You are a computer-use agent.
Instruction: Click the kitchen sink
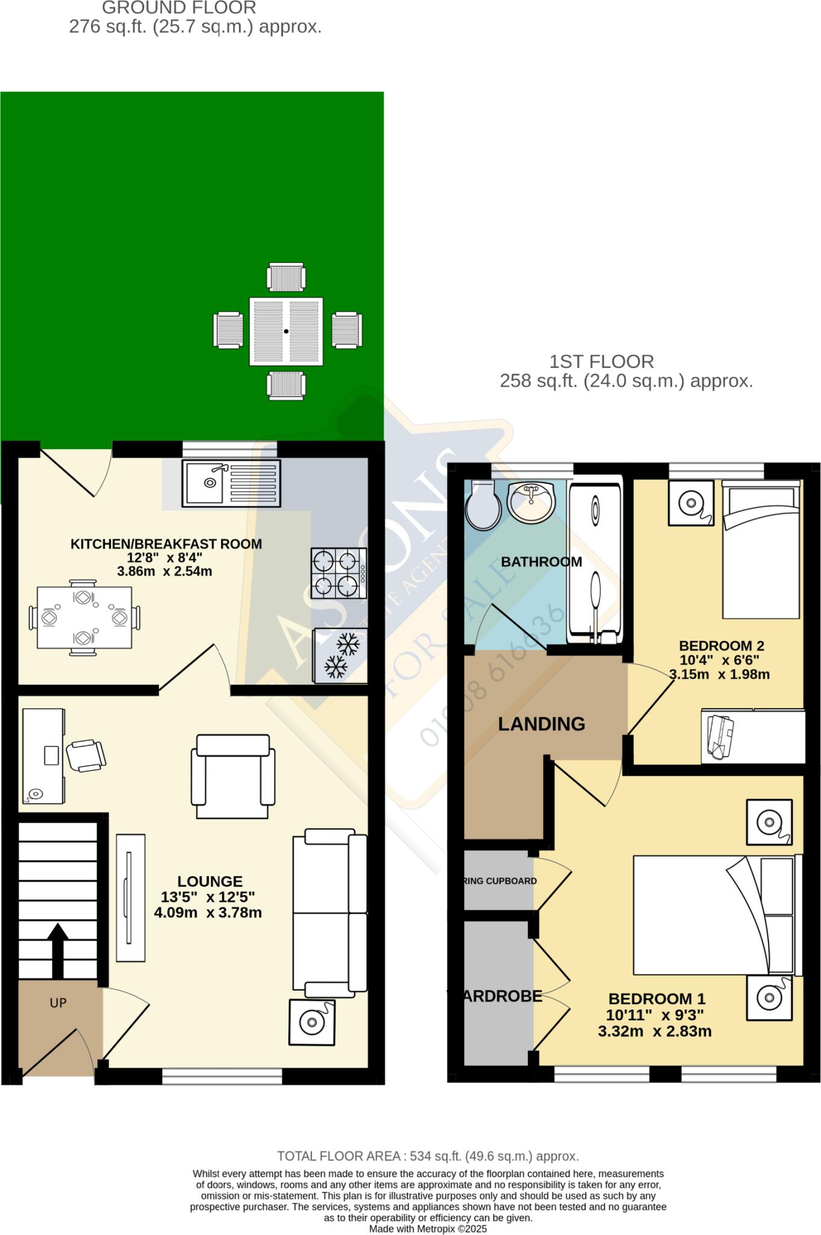click(231, 483)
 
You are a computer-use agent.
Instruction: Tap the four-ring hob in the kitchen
click(338, 573)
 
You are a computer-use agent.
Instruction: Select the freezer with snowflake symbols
click(340, 655)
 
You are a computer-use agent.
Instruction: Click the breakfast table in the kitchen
click(84, 617)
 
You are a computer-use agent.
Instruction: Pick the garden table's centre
click(286, 331)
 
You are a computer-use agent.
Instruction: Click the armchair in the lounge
click(233, 776)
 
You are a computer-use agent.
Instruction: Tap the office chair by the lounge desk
click(86, 755)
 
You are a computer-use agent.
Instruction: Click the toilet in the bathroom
click(483, 505)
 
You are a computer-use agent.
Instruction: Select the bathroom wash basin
click(530, 502)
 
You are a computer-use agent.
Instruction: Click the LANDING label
click(541, 724)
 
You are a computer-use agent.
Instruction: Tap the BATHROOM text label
click(541, 562)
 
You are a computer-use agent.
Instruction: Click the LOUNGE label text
click(210, 881)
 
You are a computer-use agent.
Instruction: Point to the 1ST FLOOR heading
click(601, 362)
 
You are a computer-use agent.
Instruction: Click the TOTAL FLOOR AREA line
click(428, 1156)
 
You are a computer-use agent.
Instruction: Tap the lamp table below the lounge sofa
click(311, 1022)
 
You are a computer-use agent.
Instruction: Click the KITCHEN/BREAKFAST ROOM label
click(166, 544)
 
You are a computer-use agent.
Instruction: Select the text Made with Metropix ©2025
click(428, 1229)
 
